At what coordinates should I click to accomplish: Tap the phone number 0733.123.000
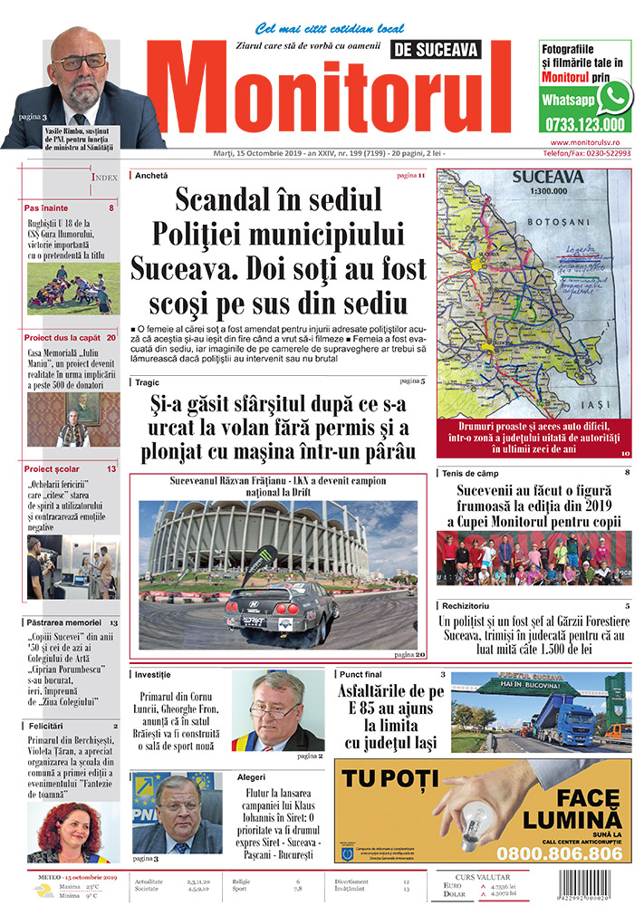[x=584, y=125]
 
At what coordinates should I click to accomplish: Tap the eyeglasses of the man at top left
[x=80, y=63]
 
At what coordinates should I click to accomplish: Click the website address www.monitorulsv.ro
[x=590, y=143]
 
